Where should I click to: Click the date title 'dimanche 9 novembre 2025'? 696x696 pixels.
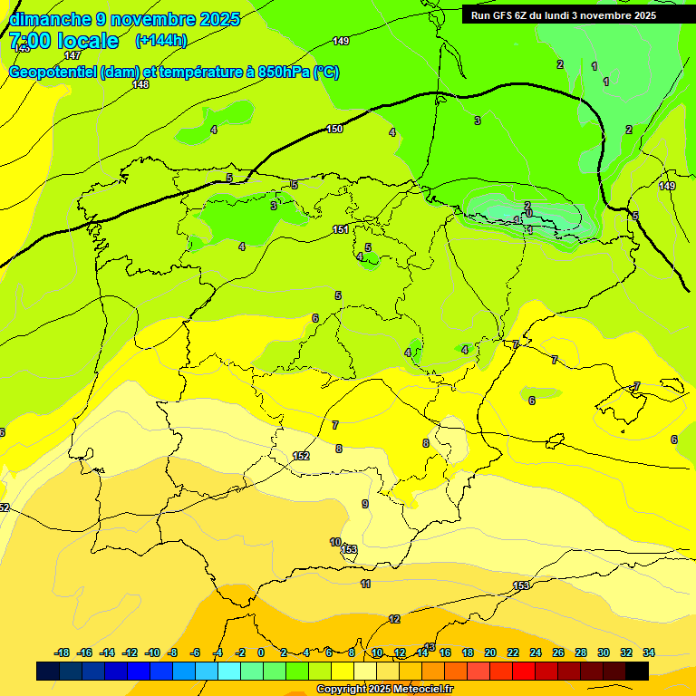(x=124, y=19)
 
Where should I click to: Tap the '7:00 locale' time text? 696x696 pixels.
(x=63, y=41)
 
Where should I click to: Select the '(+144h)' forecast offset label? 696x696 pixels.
(x=160, y=40)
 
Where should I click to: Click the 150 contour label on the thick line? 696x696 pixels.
(x=334, y=130)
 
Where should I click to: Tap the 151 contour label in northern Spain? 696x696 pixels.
(x=341, y=229)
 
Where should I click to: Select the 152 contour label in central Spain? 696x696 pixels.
(x=302, y=456)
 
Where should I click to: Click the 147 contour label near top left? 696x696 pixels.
(x=72, y=56)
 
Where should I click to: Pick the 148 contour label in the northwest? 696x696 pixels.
(x=140, y=84)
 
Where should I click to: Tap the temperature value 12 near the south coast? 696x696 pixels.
(x=394, y=619)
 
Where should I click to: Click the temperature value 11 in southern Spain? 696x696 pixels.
(x=366, y=584)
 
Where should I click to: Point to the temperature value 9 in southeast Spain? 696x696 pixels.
(x=365, y=504)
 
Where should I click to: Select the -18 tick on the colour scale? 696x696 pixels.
(x=63, y=652)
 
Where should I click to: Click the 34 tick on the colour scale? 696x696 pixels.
(x=649, y=652)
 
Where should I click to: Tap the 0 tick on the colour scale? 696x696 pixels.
(x=261, y=652)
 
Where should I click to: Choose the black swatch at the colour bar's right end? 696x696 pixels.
(x=637, y=671)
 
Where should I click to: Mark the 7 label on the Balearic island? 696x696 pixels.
(x=637, y=386)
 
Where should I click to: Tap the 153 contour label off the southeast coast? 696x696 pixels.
(x=521, y=586)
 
